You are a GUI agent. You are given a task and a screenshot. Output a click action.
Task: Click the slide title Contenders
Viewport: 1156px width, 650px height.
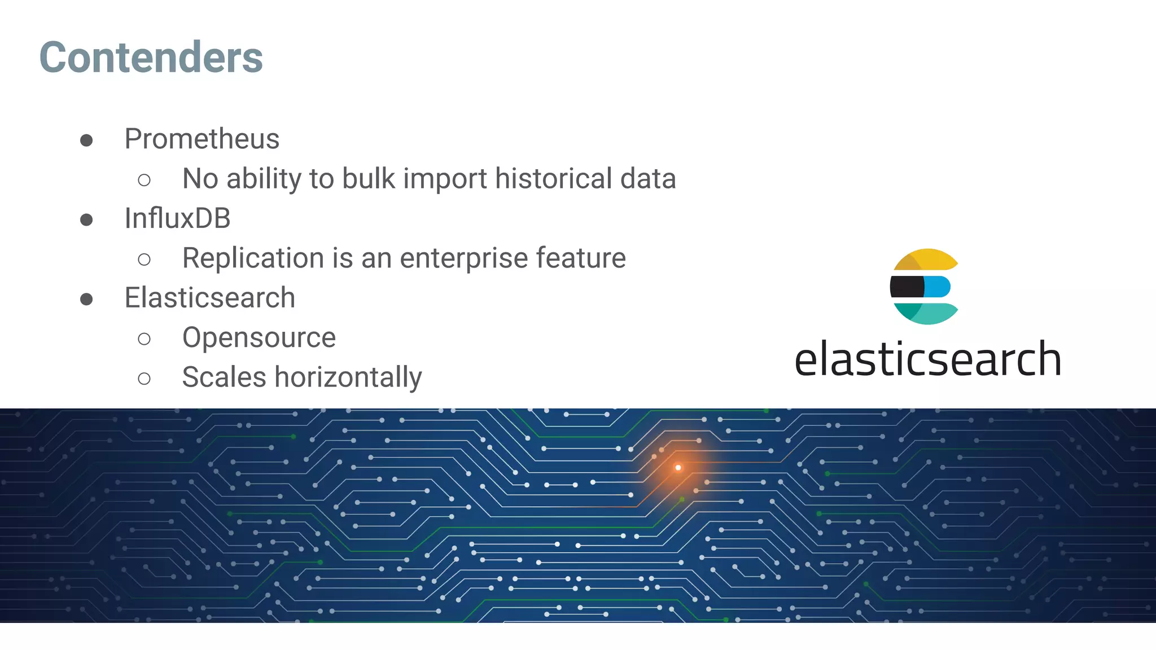pos(151,57)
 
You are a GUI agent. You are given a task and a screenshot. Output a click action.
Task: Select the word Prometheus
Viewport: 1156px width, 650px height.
pos(202,139)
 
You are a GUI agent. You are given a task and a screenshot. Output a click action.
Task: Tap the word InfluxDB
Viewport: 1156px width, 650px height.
pos(177,218)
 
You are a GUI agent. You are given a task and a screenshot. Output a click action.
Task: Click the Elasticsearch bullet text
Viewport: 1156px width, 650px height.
pos(209,298)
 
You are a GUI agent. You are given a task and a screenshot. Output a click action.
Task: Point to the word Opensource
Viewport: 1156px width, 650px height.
pos(259,337)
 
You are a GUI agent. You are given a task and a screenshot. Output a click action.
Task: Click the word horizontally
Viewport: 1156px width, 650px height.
pos(348,377)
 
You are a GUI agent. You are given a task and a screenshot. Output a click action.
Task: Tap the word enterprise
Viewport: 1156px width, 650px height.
pos(464,258)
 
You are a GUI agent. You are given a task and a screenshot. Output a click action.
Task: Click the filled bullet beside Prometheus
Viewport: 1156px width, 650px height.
pos(86,140)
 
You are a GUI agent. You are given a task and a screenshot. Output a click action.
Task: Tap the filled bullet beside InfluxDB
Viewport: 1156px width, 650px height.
pos(86,219)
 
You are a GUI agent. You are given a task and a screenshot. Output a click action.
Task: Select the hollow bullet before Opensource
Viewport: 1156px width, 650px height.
pos(144,339)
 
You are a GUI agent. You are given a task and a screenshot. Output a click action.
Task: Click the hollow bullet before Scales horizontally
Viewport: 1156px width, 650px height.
pos(144,378)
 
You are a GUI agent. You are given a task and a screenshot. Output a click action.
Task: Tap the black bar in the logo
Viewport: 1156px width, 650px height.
pos(907,287)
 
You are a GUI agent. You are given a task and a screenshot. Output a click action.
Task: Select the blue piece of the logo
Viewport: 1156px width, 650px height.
pos(937,287)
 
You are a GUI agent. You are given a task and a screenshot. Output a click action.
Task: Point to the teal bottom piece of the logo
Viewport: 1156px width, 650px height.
pos(929,313)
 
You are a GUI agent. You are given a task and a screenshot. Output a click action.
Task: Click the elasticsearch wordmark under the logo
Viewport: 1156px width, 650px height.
pos(927,359)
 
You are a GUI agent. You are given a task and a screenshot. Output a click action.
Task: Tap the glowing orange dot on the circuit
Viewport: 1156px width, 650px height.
pos(678,467)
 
